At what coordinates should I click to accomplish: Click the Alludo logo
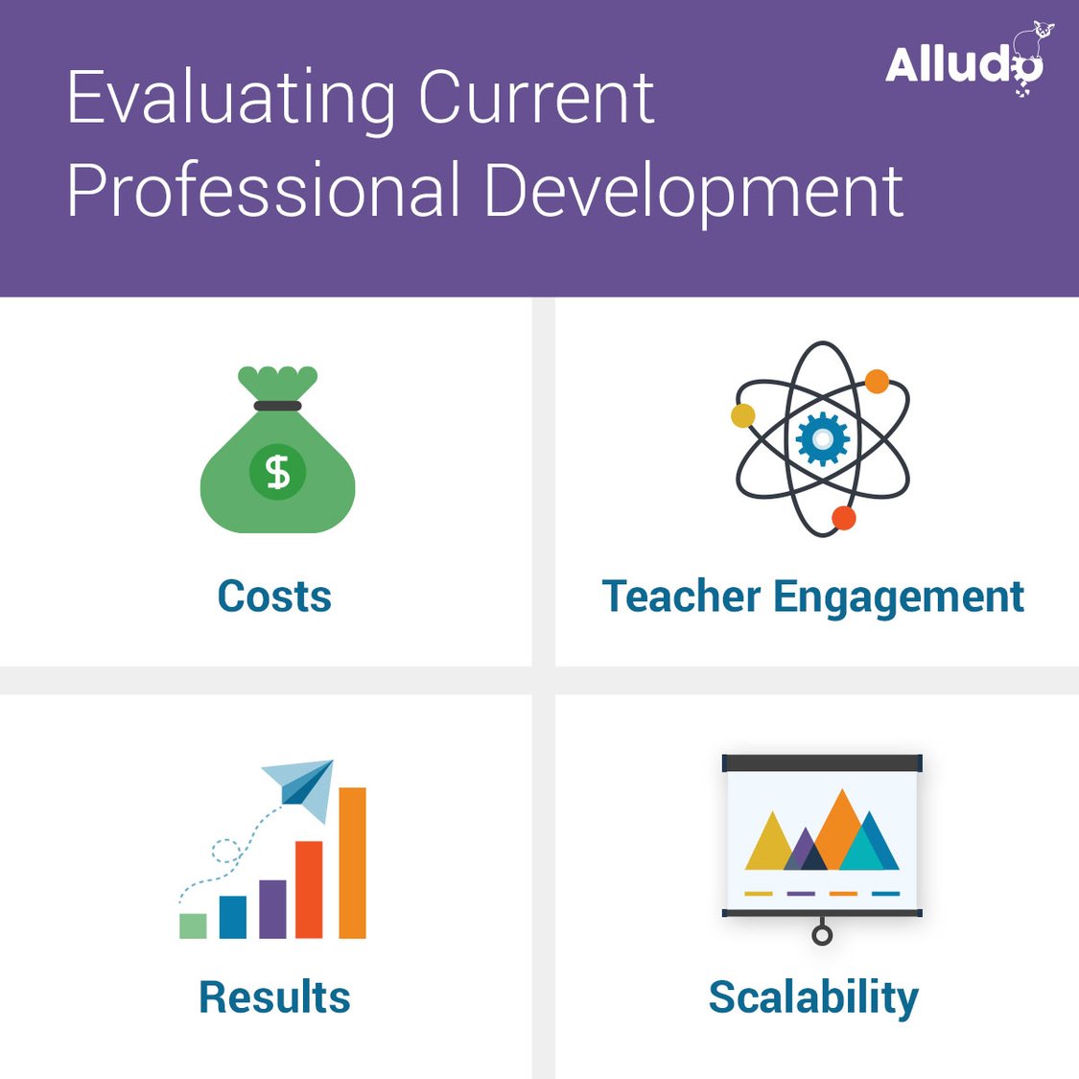tap(964, 62)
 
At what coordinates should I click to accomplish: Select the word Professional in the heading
tap(263, 190)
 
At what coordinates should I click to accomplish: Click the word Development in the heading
tap(692, 190)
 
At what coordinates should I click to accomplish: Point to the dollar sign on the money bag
tap(277, 472)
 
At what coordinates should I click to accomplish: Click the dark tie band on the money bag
tap(277, 406)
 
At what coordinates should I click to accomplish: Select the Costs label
tap(274, 597)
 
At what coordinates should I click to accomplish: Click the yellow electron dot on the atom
tap(742, 415)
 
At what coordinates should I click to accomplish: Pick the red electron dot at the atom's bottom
tap(843, 518)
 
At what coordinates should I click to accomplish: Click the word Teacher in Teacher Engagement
tap(680, 597)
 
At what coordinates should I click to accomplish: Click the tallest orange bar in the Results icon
tap(352, 862)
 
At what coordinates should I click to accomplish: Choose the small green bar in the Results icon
tap(193, 926)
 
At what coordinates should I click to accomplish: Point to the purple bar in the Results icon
tap(272, 908)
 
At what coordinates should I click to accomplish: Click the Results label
tap(274, 997)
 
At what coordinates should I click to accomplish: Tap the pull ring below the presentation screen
tap(822, 934)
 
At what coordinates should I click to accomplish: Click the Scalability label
tap(813, 997)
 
